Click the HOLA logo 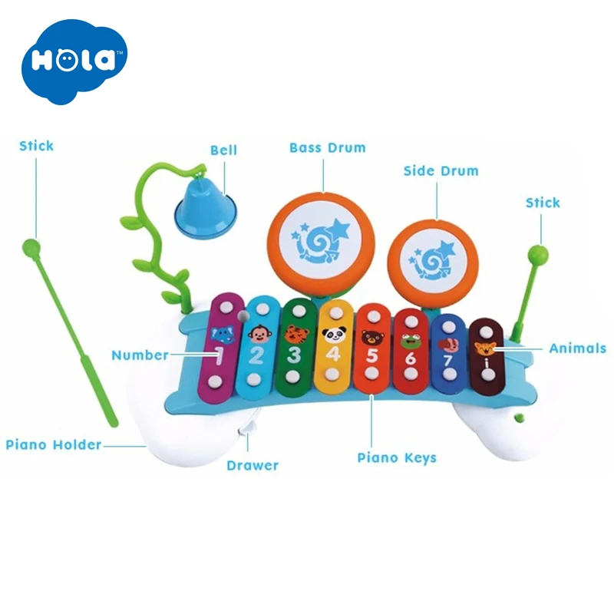pos(74,61)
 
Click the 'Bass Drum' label pos(327,147)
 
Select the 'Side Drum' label pos(441,170)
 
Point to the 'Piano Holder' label pos(54,444)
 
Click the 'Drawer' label pos(253,465)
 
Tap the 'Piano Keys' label pos(397,457)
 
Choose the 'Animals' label pos(577,348)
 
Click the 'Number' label pos(140,355)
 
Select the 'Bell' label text pos(224,150)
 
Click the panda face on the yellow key pos(332,335)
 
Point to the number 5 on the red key pos(371,356)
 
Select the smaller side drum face pos(431,257)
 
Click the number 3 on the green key pos(294,355)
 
